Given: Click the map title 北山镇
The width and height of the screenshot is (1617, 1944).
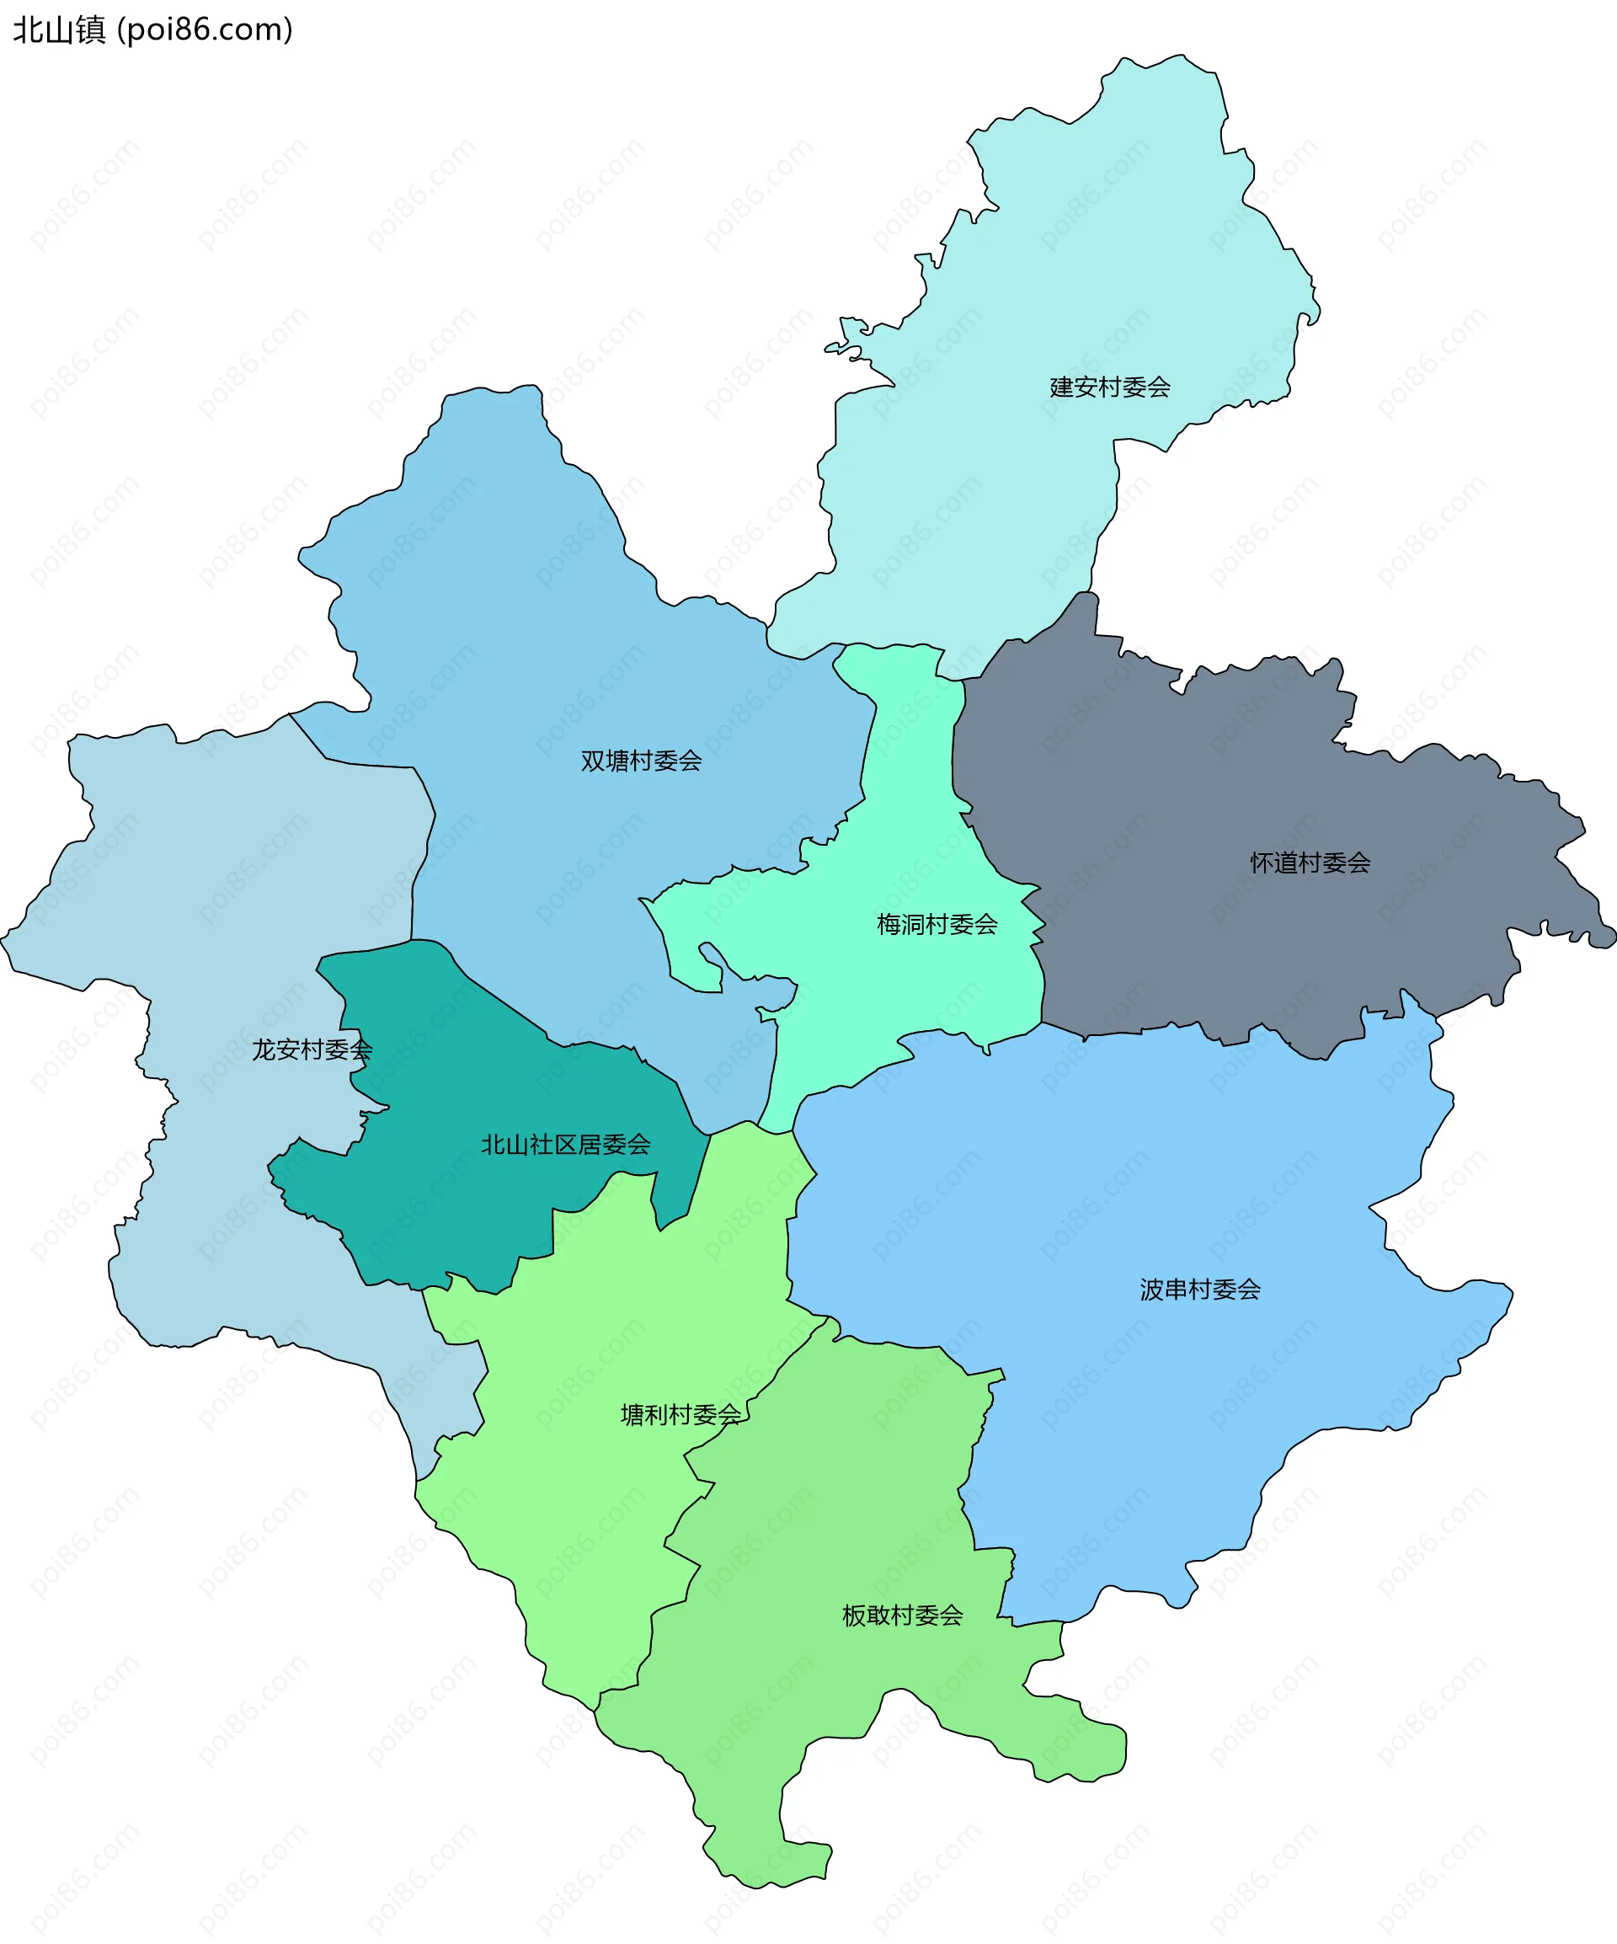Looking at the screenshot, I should click(x=59, y=30).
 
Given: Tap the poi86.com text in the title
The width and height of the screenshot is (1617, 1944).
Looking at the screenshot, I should click(x=205, y=30).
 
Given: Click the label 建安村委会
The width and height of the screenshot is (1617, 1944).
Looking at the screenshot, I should click(x=1110, y=387).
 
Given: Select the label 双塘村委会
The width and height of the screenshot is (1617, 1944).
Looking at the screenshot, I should click(x=642, y=761).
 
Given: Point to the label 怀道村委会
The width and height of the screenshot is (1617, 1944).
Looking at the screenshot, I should click(x=1310, y=863).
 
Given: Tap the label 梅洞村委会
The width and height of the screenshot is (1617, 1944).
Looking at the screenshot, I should click(x=937, y=924).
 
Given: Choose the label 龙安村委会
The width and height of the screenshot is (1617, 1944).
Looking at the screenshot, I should click(x=312, y=1049).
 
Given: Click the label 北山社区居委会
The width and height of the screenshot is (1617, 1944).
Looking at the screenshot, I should click(x=566, y=1146).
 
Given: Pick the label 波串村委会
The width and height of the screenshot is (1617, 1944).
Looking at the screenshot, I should click(x=1199, y=1290).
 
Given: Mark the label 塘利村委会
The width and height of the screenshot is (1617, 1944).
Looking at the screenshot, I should click(x=680, y=1414).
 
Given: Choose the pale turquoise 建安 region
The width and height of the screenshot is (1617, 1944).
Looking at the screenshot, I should click(x=1065, y=278).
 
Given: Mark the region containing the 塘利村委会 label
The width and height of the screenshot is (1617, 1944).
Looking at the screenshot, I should click(x=601, y=1343).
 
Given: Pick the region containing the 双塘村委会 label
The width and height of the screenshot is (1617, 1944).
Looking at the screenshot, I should click(x=555, y=648).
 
